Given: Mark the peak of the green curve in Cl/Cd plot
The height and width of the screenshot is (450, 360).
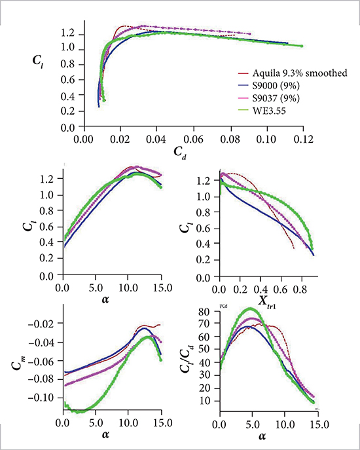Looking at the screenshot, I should [x=249, y=309].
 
